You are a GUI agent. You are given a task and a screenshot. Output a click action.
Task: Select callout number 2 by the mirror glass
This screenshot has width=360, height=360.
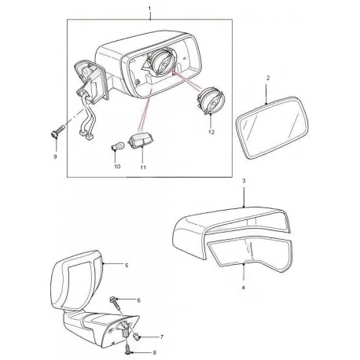[267, 80]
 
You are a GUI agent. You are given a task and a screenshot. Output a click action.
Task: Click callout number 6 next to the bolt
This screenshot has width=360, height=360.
[138, 300]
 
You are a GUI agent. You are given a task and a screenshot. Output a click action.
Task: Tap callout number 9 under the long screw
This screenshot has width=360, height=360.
[54, 157]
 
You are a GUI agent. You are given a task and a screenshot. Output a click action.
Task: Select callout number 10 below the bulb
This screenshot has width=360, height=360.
[117, 167]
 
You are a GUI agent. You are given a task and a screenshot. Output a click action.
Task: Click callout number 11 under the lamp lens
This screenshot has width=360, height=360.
[143, 167]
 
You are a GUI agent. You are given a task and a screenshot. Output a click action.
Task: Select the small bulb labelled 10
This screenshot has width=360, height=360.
[115, 149]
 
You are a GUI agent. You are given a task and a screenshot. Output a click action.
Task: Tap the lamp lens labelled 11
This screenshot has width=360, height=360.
[142, 141]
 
